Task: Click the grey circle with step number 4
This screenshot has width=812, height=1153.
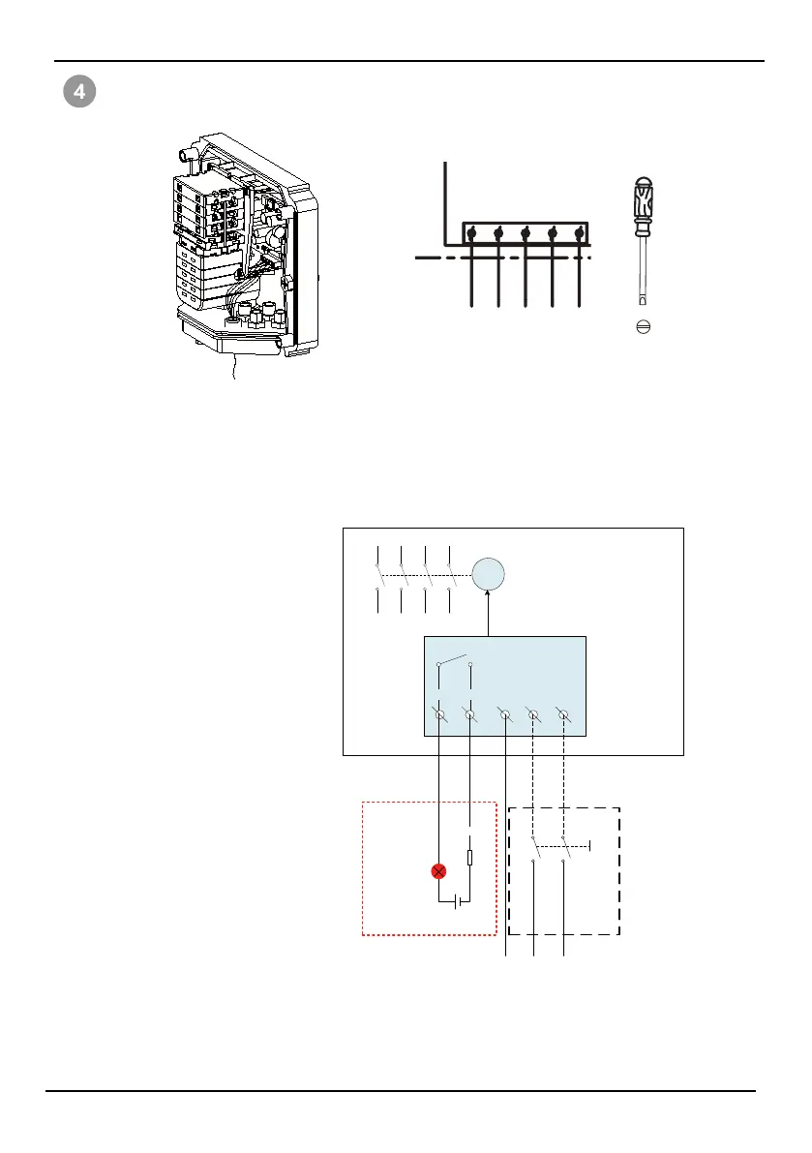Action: [x=79, y=93]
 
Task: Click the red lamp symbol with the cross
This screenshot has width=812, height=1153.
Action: [x=439, y=871]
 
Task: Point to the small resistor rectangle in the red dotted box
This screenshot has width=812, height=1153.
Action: [x=469, y=858]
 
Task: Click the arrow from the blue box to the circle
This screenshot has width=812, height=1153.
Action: [x=489, y=616]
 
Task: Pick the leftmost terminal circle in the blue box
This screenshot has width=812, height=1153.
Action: [x=440, y=715]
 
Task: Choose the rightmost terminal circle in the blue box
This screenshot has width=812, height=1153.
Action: [x=564, y=715]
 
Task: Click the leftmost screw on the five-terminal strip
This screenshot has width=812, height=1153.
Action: [x=470, y=233]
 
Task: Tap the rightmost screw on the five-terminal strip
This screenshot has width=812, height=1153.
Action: [x=579, y=233]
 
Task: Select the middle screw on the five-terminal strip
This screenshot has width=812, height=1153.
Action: [x=525, y=233]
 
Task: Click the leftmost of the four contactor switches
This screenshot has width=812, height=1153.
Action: [x=376, y=576]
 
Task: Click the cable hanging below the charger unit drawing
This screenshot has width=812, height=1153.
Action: [x=233, y=367]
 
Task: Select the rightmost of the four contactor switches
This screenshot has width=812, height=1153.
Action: [x=450, y=576]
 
